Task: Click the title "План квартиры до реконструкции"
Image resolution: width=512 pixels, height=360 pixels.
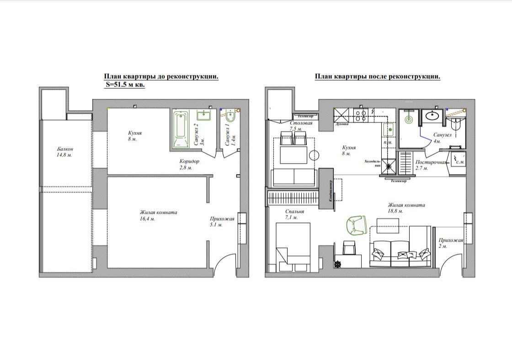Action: click(x=161, y=77)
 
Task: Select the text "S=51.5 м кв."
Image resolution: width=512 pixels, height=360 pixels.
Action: click(x=125, y=85)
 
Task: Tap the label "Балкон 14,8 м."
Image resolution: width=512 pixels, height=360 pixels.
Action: click(x=65, y=152)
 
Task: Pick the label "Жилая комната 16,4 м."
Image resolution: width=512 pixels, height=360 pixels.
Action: click(x=158, y=216)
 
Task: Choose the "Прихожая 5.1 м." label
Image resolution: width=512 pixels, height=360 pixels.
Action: click(x=222, y=222)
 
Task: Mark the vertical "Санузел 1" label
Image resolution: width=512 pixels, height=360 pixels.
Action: click(x=233, y=131)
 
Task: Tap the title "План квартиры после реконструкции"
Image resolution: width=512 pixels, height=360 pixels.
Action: click(x=377, y=77)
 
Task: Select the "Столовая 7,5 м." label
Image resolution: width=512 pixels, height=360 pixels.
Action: click(x=301, y=126)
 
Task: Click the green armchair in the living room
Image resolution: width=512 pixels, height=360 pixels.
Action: click(x=356, y=225)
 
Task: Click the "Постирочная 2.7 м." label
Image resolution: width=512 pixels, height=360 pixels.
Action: click(x=430, y=165)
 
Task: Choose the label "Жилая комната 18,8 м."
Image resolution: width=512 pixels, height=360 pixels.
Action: click(x=406, y=208)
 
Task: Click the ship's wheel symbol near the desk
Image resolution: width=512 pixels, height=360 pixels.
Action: click(x=338, y=264)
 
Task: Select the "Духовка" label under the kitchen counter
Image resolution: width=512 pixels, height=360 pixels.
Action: click(x=342, y=124)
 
